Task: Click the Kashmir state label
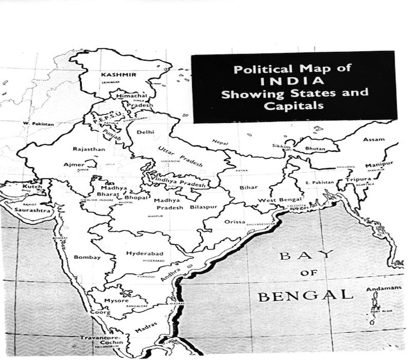click(x=118, y=75)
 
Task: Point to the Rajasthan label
click(x=89, y=149)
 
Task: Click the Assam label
click(x=373, y=140)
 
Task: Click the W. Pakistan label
click(x=38, y=124)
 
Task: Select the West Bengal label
click(x=279, y=200)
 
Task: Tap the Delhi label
click(x=145, y=132)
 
